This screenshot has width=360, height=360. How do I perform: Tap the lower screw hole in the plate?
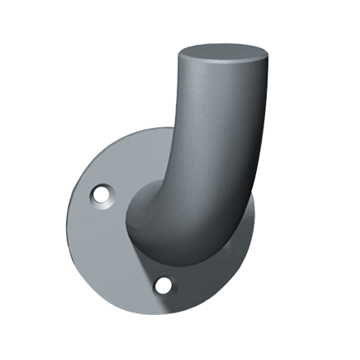tap(164, 284)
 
